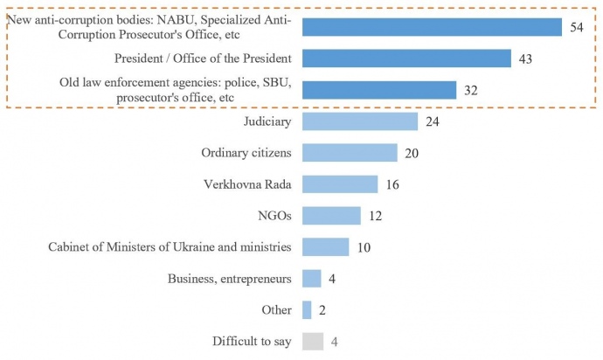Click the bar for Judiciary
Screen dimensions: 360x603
click(360, 121)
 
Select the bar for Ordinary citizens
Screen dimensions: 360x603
click(350, 153)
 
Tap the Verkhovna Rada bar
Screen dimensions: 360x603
click(340, 184)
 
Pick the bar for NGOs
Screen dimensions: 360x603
click(331, 216)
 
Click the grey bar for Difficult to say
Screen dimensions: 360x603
click(313, 341)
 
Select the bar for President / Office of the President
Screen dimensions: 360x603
click(406, 59)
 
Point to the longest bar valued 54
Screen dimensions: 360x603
click(432, 27)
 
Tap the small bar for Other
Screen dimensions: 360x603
click(307, 309)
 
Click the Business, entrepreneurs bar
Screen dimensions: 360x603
click(312, 279)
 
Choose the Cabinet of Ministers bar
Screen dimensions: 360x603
click(326, 247)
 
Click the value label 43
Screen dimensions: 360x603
click(525, 59)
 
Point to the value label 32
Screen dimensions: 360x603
click(471, 91)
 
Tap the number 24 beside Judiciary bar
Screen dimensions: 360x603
click(432, 121)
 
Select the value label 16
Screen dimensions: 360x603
click(392, 184)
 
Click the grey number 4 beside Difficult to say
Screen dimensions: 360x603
click(335, 341)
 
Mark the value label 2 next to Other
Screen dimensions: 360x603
click(322, 310)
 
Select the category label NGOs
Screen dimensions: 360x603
click(274, 216)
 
